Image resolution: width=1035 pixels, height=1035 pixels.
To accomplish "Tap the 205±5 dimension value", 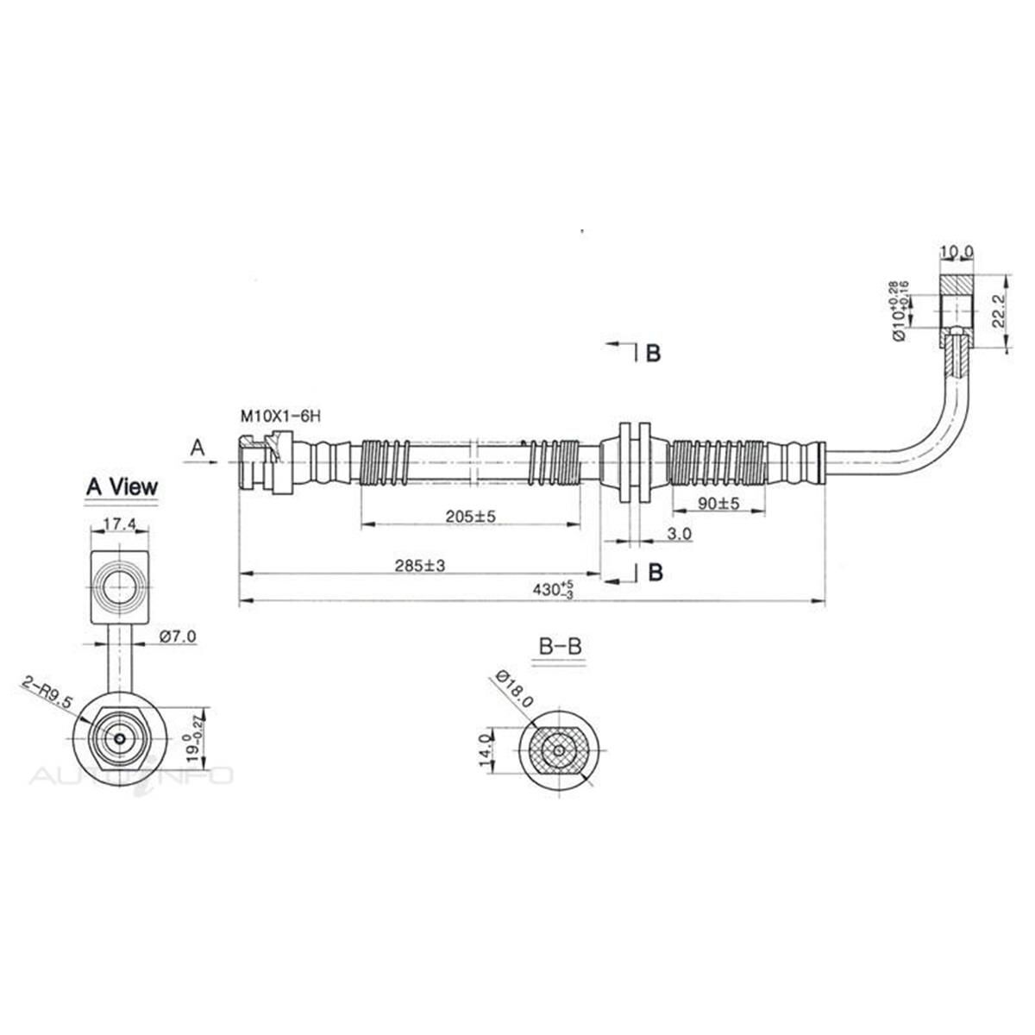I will [x=471, y=516].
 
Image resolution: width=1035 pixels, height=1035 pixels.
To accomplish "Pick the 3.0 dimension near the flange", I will [x=679, y=535].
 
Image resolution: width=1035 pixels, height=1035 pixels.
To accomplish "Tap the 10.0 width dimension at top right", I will [x=957, y=252].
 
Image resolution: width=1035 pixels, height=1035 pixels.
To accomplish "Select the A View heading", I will [x=122, y=486].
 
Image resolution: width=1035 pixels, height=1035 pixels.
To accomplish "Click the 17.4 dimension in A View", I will [x=118, y=523].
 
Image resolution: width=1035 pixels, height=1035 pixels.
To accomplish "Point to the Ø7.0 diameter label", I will [x=179, y=637].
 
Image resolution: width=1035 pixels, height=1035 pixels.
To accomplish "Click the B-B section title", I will [x=559, y=645].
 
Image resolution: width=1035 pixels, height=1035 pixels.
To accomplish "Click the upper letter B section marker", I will [x=653, y=353].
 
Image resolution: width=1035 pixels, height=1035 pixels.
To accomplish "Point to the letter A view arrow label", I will [x=198, y=448].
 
